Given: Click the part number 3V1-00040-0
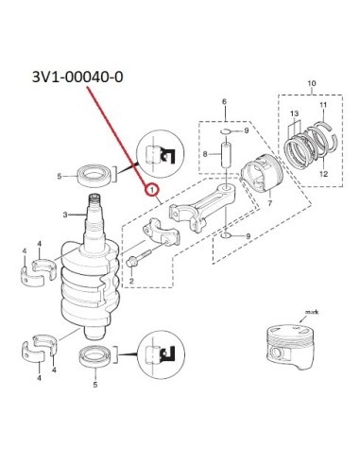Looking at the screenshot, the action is [x=77, y=77].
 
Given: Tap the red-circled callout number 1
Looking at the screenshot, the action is [x=152, y=190].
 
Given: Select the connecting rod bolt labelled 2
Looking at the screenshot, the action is [x=139, y=258].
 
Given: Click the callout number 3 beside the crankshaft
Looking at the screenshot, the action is [x=65, y=215].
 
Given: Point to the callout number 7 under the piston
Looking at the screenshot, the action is [x=269, y=203].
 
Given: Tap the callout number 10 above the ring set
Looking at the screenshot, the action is [x=311, y=83].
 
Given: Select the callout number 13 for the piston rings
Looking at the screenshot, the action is [x=294, y=113].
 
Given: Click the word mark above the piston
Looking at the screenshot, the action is [x=312, y=312].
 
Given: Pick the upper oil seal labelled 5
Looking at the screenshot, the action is [x=94, y=176].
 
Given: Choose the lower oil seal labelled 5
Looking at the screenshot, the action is [x=95, y=357].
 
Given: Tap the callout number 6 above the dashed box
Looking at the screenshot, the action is [x=224, y=101].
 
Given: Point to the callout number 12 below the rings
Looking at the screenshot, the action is [x=324, y=174].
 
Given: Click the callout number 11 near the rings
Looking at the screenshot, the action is [x=323, y=105].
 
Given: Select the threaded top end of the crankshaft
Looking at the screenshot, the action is [x=95, y=199].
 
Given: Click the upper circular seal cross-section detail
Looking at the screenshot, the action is [x=160, y=153].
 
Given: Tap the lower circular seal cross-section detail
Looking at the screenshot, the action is [x=161, y=354].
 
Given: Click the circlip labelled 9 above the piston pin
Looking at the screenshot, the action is [x=227, y=131].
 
